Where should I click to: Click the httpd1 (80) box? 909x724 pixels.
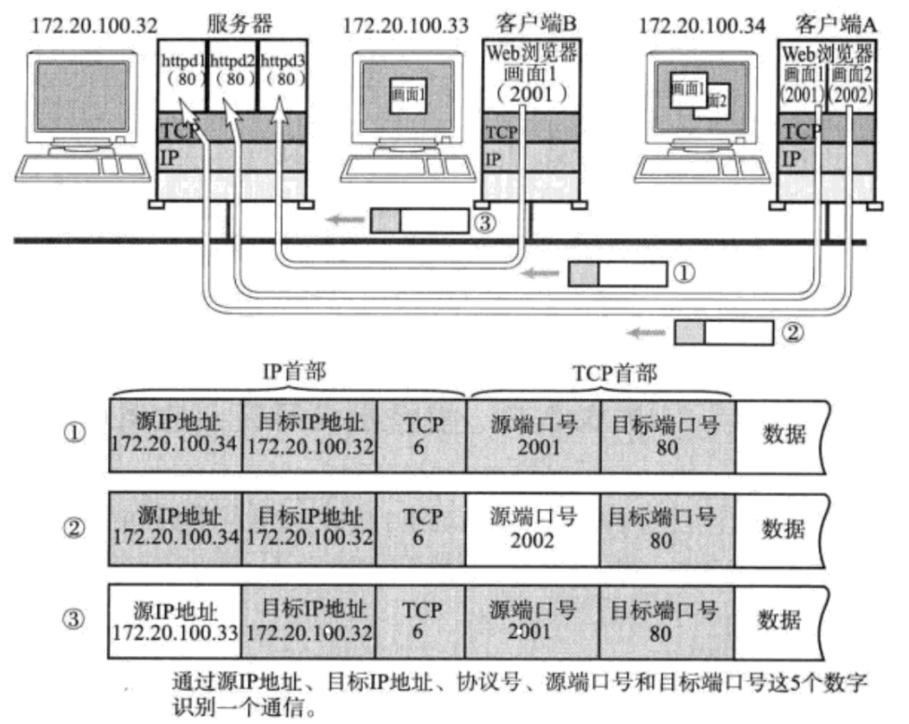point(181,70)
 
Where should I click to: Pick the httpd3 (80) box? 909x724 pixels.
point(281,70)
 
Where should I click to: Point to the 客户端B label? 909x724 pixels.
point(530,22)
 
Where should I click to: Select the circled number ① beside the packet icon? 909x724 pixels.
point(683,273)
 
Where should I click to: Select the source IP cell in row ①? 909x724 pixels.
point(175,436)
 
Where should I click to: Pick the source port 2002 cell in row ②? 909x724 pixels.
point(532,528)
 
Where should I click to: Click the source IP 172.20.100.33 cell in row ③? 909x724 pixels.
point(175,621)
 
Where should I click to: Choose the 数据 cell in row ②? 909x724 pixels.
point(781,528)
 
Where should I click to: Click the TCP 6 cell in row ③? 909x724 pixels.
point(421,621)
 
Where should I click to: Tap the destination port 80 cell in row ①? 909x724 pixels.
point(668,436)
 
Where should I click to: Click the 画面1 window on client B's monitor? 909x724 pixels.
point(408,93)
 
